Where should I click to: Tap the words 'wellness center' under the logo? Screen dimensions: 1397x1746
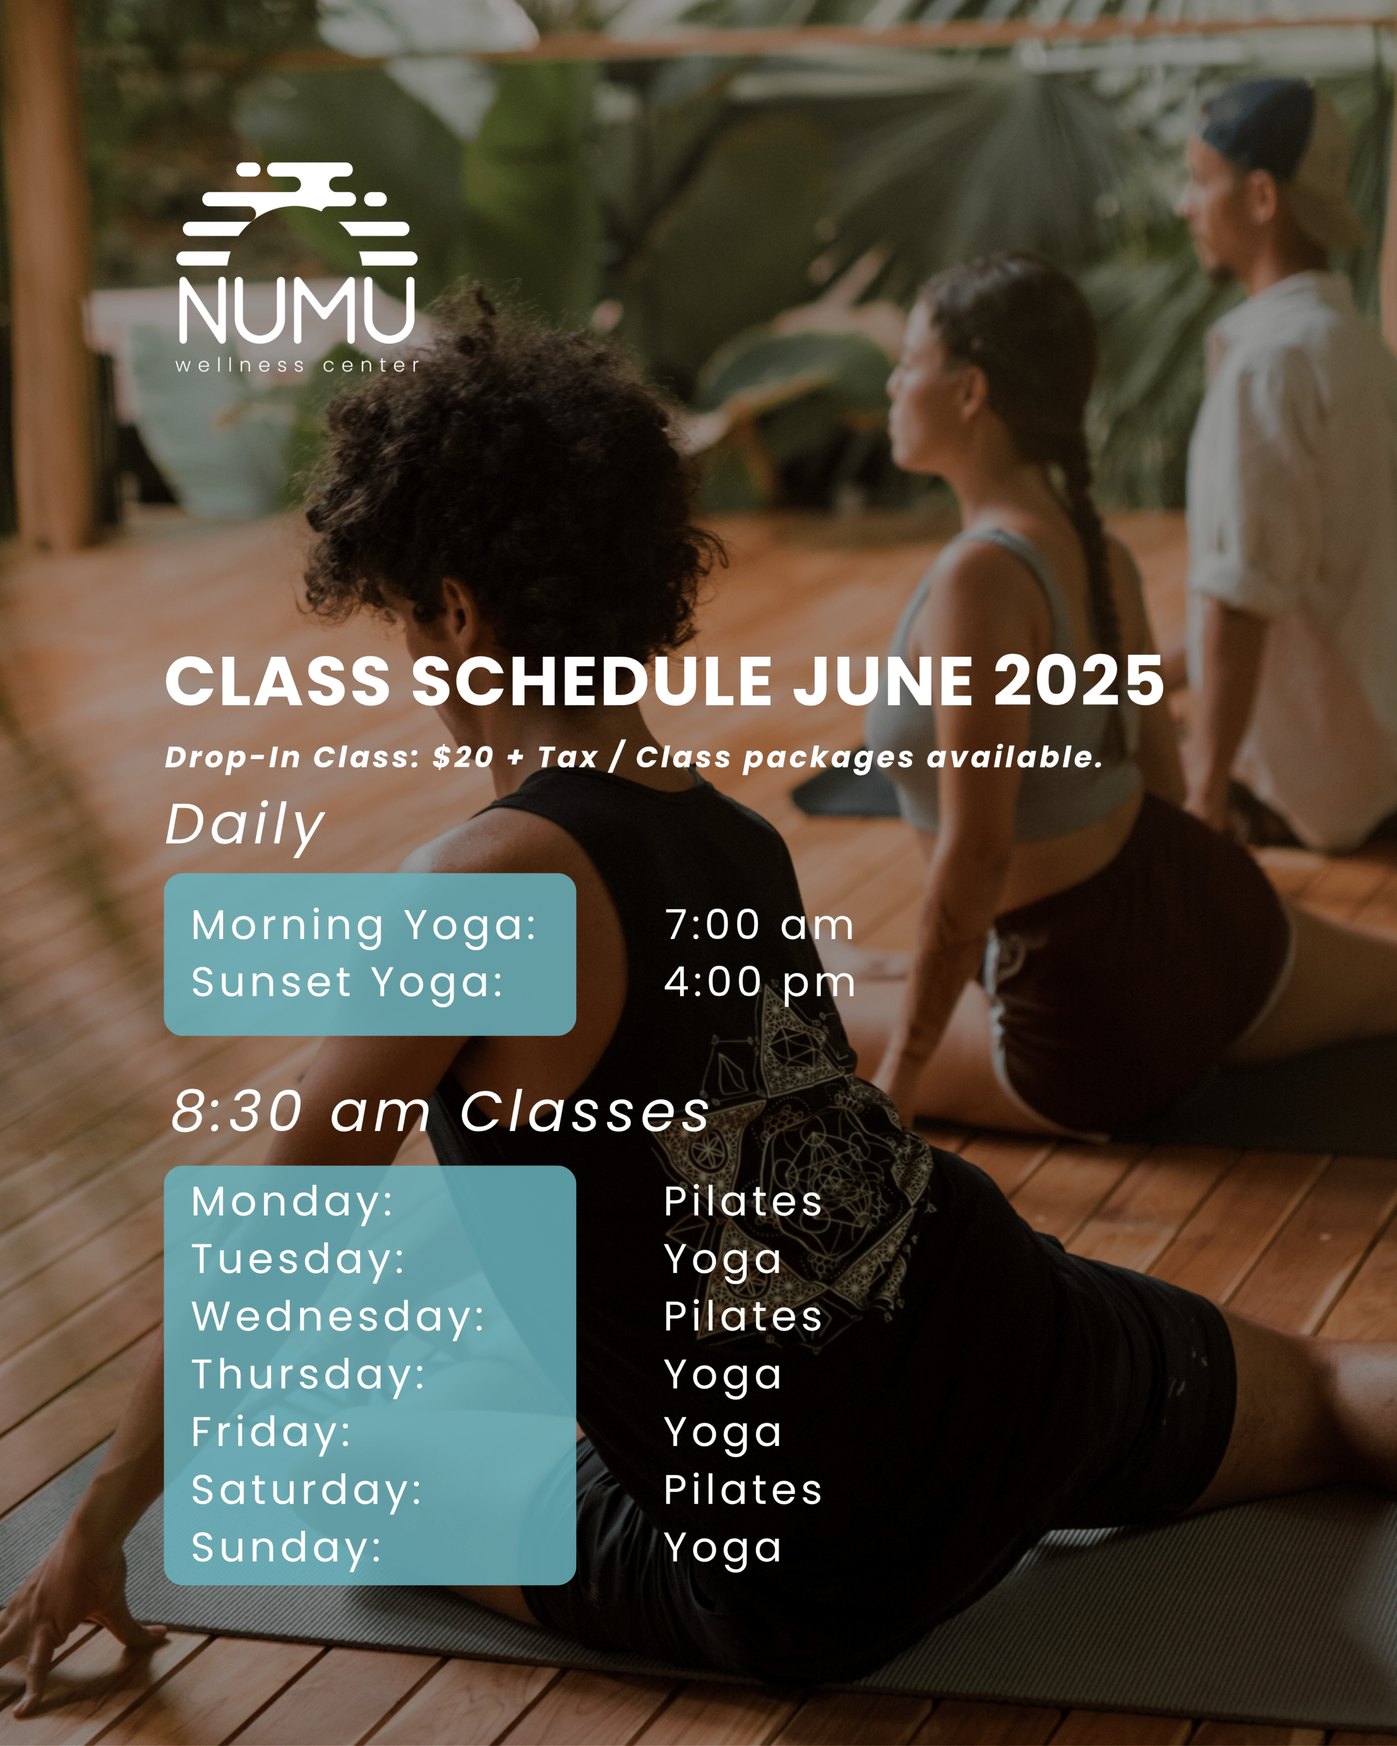[298, 365]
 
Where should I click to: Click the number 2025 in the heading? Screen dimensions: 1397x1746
[1079, 680]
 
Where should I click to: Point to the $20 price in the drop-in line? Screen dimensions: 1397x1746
[462, 757]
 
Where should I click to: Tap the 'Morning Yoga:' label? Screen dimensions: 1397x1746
[365, 925]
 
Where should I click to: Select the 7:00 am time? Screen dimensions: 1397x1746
[759, 925]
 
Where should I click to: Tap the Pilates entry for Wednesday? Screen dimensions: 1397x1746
[743, 1316]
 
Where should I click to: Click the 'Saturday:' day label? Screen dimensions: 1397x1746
[307, 1491]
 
